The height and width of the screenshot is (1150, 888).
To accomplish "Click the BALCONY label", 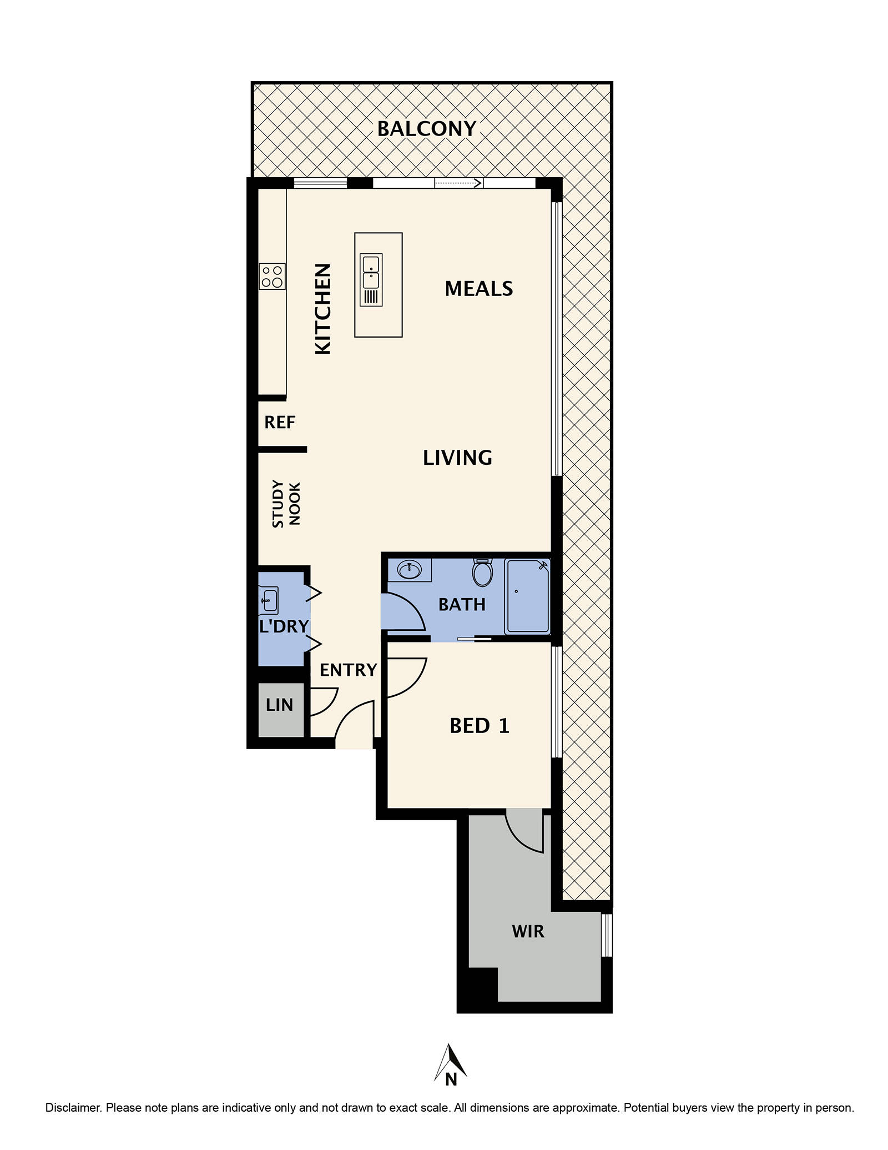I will (426, 129).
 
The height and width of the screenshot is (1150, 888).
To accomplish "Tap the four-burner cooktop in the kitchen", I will (272, 276).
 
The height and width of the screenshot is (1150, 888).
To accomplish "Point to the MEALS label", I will (478, 289).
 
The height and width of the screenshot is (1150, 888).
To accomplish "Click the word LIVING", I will (457, 458).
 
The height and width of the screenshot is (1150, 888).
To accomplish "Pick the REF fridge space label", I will (279, 423).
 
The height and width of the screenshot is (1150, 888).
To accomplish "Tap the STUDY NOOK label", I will (286, 504).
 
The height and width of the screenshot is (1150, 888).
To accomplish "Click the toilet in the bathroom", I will (482, 573).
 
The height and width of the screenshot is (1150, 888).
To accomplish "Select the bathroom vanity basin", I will (410, 569).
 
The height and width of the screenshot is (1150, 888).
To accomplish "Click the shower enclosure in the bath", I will (527, 597).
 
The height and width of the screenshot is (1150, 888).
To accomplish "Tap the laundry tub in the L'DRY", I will (269, 600).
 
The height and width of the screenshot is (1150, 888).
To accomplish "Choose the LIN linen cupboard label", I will (279, 705).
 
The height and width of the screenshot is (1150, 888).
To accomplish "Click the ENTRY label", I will (348, 670).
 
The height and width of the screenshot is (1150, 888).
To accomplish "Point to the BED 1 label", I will (479, 726).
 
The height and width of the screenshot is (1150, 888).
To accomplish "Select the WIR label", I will (528, 931).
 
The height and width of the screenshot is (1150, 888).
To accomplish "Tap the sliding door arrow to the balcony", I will (458, 183).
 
